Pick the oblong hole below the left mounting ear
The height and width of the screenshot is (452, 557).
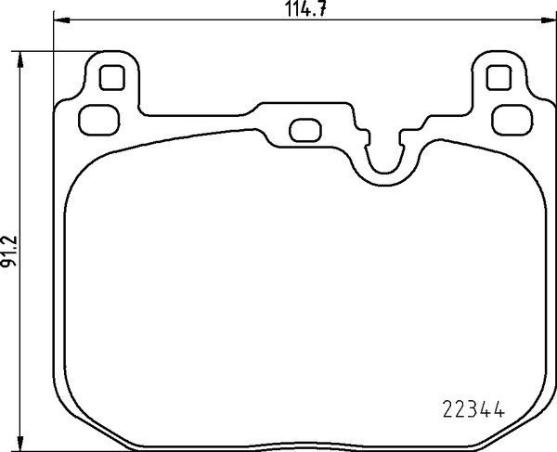click(96, 118)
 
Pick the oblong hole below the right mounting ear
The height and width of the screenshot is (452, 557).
click(509, 118)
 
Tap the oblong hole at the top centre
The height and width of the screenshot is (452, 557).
click(304, 130)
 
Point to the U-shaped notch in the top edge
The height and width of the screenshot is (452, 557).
click(383, 162)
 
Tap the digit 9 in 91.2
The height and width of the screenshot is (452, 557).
click(10, 265)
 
